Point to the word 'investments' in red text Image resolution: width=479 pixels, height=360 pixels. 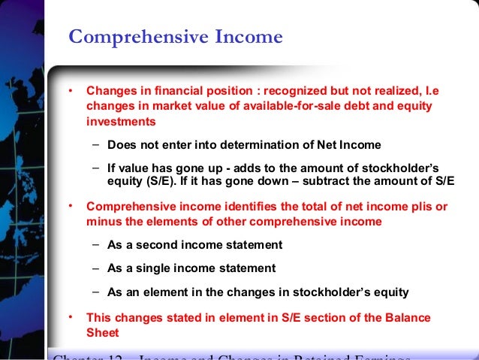coord(121,120)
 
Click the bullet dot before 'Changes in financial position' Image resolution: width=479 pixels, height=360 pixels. coord(71,91)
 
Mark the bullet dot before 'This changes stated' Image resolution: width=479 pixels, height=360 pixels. coord(71,316)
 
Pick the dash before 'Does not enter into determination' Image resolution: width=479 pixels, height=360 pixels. coord(98,144)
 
